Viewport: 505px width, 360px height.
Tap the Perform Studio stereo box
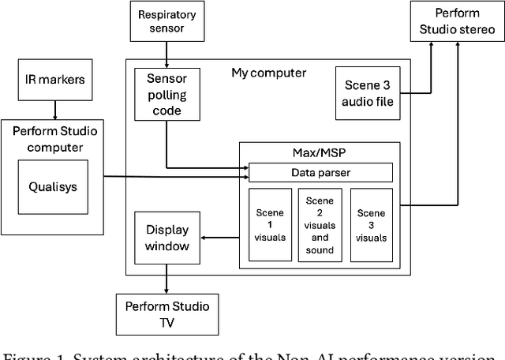click(x=456, y=23)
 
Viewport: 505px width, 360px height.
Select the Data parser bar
click(x=320, y=172)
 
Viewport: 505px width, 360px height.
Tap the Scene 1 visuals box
click(x=270, y=224)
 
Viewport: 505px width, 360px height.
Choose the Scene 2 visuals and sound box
click(x=320, y=224)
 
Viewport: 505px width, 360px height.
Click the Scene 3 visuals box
click(x=371, y=224)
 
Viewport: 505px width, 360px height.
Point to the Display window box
click(x=166, y=238)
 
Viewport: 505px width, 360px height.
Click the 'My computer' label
click(x=268, y=73)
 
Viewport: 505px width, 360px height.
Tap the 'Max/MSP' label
click(x=320, y=150)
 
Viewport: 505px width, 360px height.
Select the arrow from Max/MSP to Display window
click(x=219, y=237)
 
